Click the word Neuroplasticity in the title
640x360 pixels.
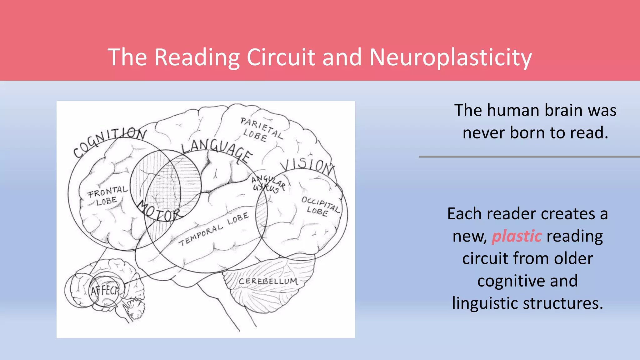[450, 58]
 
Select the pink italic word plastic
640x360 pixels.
[517, 236]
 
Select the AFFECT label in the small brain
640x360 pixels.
[105, 291]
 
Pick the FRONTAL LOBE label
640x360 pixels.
[107, 196]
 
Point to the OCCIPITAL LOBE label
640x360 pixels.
[320, 206]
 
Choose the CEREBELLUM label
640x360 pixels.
[268, 281]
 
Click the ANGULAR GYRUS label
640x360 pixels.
[268, 184]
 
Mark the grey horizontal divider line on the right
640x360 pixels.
[529, 157]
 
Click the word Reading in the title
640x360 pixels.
[197, 58]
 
